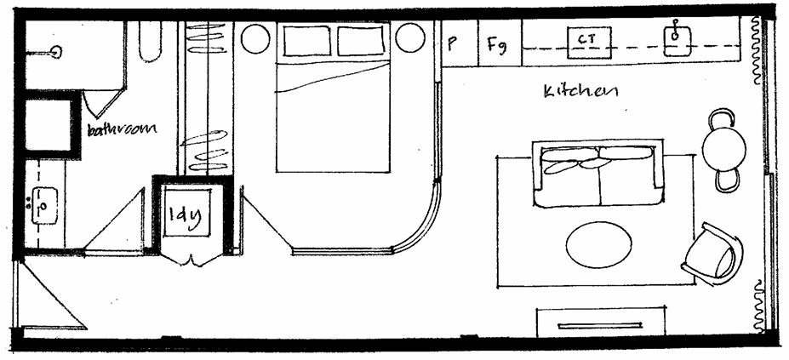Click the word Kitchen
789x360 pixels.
point(580,89)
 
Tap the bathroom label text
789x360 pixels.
point(123,129)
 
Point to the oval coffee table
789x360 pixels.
point(598,243)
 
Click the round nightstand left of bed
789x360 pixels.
point(254,38)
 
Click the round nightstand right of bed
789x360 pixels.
point(410,38)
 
